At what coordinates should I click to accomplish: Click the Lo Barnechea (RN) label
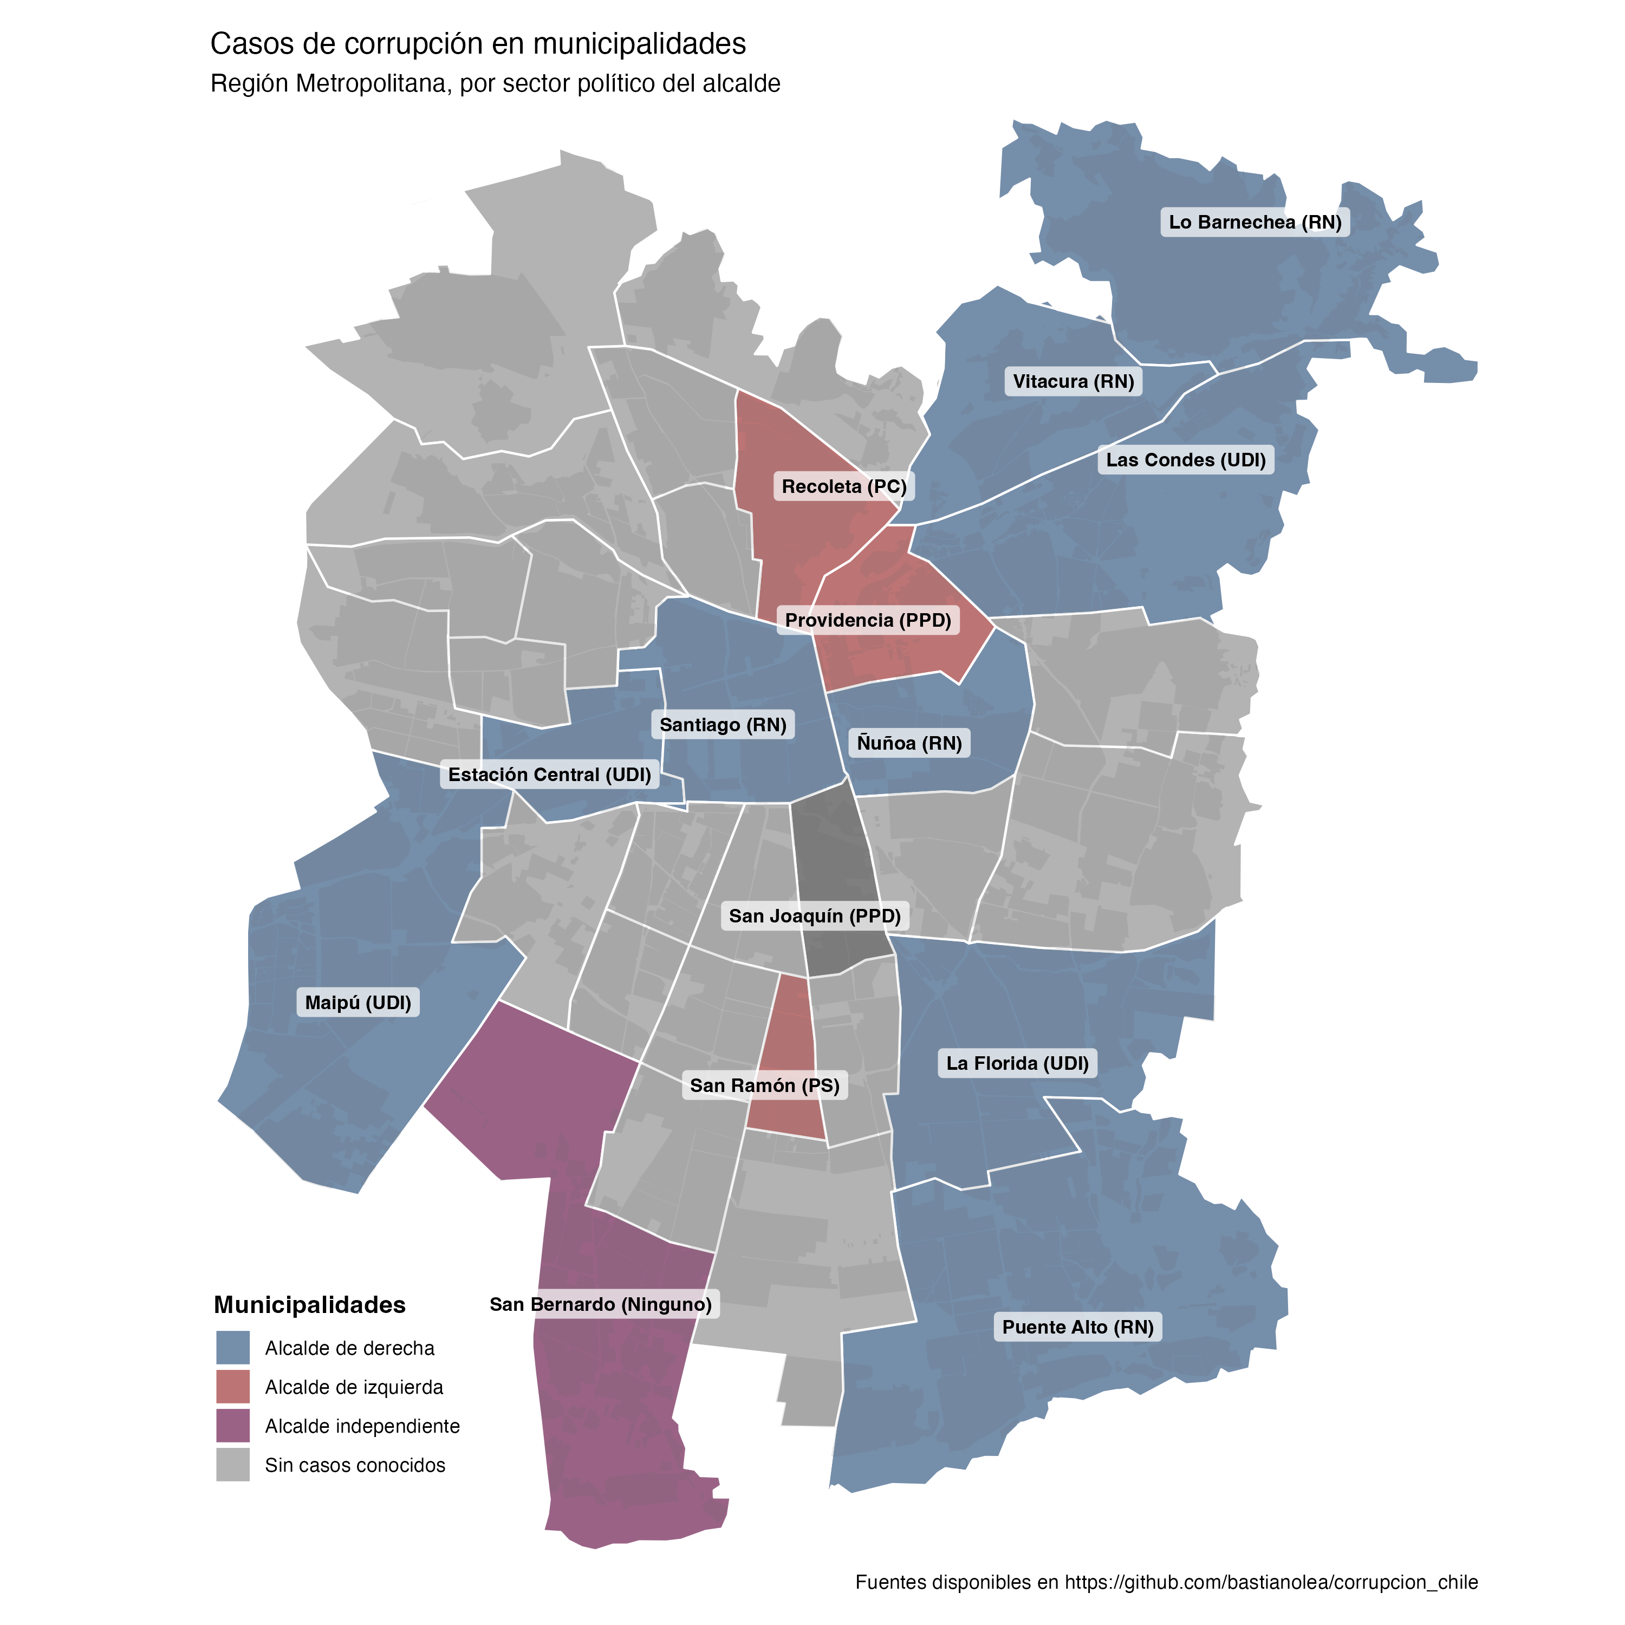point(1255,222)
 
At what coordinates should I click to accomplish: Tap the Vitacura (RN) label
point(1073,381)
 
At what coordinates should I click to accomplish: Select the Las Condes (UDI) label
point(1185,460)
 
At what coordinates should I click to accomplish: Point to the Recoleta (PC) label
point(843,486)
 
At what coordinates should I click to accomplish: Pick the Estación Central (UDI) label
point(549,774)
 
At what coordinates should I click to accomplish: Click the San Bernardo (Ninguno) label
point(601,1304)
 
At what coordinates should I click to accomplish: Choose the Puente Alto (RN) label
point(1077,1327)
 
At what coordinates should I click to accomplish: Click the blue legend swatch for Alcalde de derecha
point(233,1348)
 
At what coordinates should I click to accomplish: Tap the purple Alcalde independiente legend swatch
point(233,1426)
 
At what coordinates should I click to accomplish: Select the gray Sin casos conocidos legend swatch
point(233,1464)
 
